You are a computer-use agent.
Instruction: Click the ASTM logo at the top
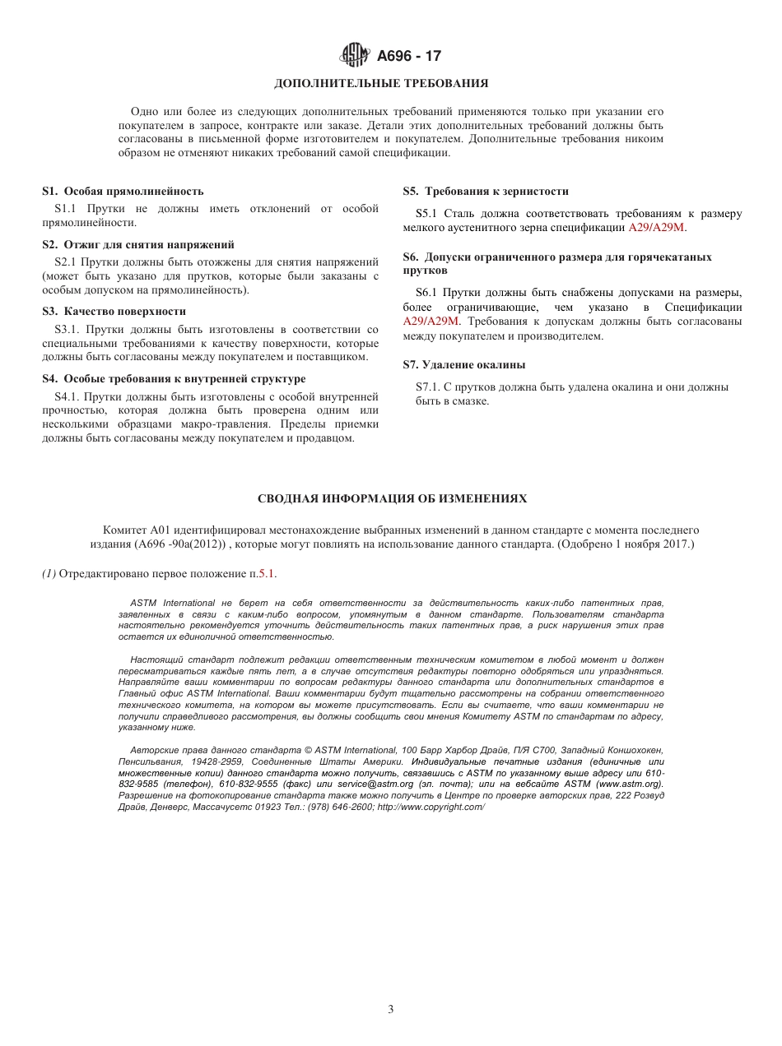click(356, 56)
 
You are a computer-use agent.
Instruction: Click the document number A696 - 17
click(409, 57)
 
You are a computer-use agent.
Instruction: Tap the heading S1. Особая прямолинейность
click(123, 192)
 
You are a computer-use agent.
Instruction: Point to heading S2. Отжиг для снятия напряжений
click(138, 244)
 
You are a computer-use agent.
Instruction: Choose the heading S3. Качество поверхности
click(114, 312)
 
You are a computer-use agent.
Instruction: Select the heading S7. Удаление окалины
click(464, 365)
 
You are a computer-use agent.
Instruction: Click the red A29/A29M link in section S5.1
click(657, 228)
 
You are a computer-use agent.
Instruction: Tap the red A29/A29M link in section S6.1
click(431, 322)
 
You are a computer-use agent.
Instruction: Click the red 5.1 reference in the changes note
click(268, 574)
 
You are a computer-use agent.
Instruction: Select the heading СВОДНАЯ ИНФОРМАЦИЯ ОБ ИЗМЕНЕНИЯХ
click(392, 499)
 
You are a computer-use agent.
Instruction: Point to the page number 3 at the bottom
click(391, 1010)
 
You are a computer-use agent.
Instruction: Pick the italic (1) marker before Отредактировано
click(49, 574)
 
